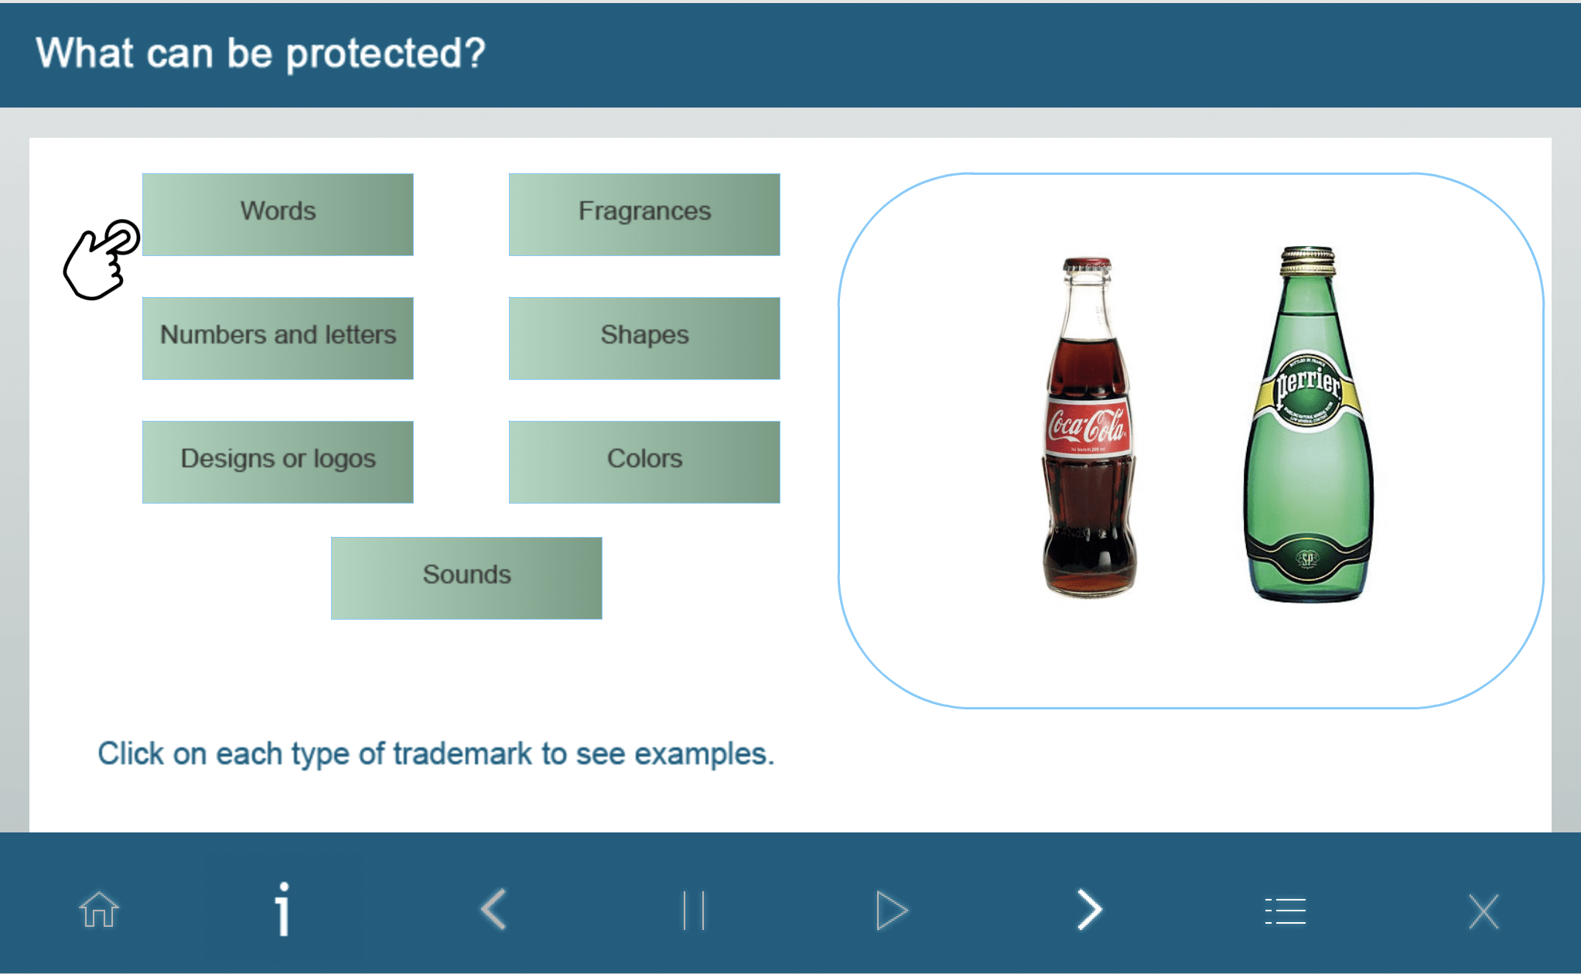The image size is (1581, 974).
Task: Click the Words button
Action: (278, 214)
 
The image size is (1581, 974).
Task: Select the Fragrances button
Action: (644, 214)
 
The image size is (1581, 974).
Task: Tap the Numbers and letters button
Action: (278, 338)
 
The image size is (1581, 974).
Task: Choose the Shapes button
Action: (644, 338)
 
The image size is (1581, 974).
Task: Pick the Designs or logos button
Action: (278, 462)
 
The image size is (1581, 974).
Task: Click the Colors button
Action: (644, 462)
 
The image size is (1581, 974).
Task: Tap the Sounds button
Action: (466, 578)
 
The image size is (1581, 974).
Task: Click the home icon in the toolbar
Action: (99, 910)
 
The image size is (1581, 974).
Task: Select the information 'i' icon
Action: (283, 909)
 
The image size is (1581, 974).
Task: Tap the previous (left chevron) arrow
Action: (493, 909)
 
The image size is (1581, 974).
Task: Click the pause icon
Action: (694, 910)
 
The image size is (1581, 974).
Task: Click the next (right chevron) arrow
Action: (1090, 909)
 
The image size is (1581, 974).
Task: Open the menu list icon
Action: (1286, 911)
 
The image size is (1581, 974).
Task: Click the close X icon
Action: (1484, 911)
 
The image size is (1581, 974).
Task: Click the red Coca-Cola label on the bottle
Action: (1088, 426)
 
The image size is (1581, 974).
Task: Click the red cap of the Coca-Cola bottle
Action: (1088, 264)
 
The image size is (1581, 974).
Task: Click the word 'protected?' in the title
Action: (386, 53)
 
